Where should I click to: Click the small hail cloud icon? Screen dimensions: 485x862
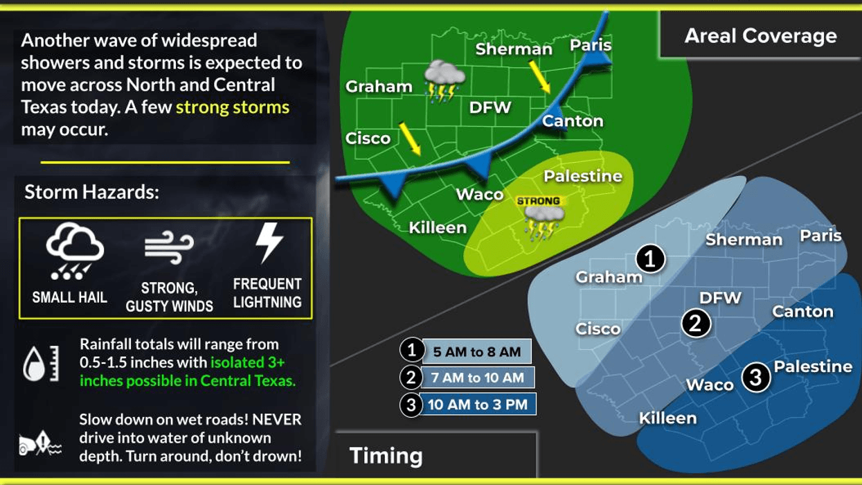(74, 251)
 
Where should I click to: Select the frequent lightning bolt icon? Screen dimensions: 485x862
(269, 243)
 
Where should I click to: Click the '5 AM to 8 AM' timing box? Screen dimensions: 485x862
(476, 351)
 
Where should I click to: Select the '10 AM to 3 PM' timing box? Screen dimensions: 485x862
(477, 405)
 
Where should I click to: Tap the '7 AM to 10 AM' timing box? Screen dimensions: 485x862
(478, 378)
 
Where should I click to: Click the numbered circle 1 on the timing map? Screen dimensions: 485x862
(650, 259)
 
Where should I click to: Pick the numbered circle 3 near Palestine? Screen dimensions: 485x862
(755, 378)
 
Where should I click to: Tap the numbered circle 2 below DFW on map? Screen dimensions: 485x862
(696, 323)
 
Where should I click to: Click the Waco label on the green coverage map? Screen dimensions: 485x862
(479, 194)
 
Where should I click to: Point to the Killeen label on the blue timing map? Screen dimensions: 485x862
(667, 418)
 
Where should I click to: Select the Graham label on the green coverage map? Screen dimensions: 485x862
(379, 87)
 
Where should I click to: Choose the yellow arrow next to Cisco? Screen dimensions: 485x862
(410, 139)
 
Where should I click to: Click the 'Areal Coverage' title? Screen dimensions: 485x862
(760, 36)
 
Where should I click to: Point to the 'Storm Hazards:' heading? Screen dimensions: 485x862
(91, 192)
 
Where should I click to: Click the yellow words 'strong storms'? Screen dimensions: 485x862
(233, 107)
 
